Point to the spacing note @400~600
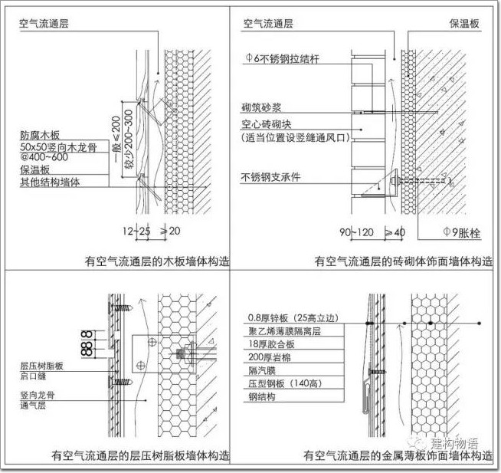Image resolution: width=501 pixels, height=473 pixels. tap(41, 157)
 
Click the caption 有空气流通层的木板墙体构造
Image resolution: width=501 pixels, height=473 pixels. tap(157, 261)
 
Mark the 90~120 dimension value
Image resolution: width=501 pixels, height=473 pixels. tap(357, 229)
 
